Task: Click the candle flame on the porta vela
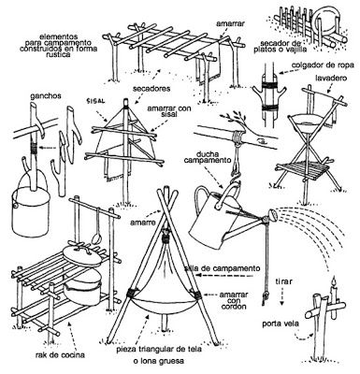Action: (x=334, y=282)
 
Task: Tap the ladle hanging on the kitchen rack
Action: (x=96, y=227)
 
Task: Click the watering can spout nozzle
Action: (x=271, y=215)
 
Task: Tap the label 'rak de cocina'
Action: (x=60, y=354)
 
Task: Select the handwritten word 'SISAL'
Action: (x=96, y=101)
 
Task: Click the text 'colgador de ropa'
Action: (x=322, y=65)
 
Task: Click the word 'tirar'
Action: (x=283, y=282)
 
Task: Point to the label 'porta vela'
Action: (x=281, y=324)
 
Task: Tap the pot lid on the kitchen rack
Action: (x=82, y=253)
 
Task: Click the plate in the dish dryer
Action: (x=325, y=22)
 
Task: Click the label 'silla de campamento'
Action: (x=222, y=268)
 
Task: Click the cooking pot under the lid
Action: (x=82, y=287)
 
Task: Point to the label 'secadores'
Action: (x=151, y=89)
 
